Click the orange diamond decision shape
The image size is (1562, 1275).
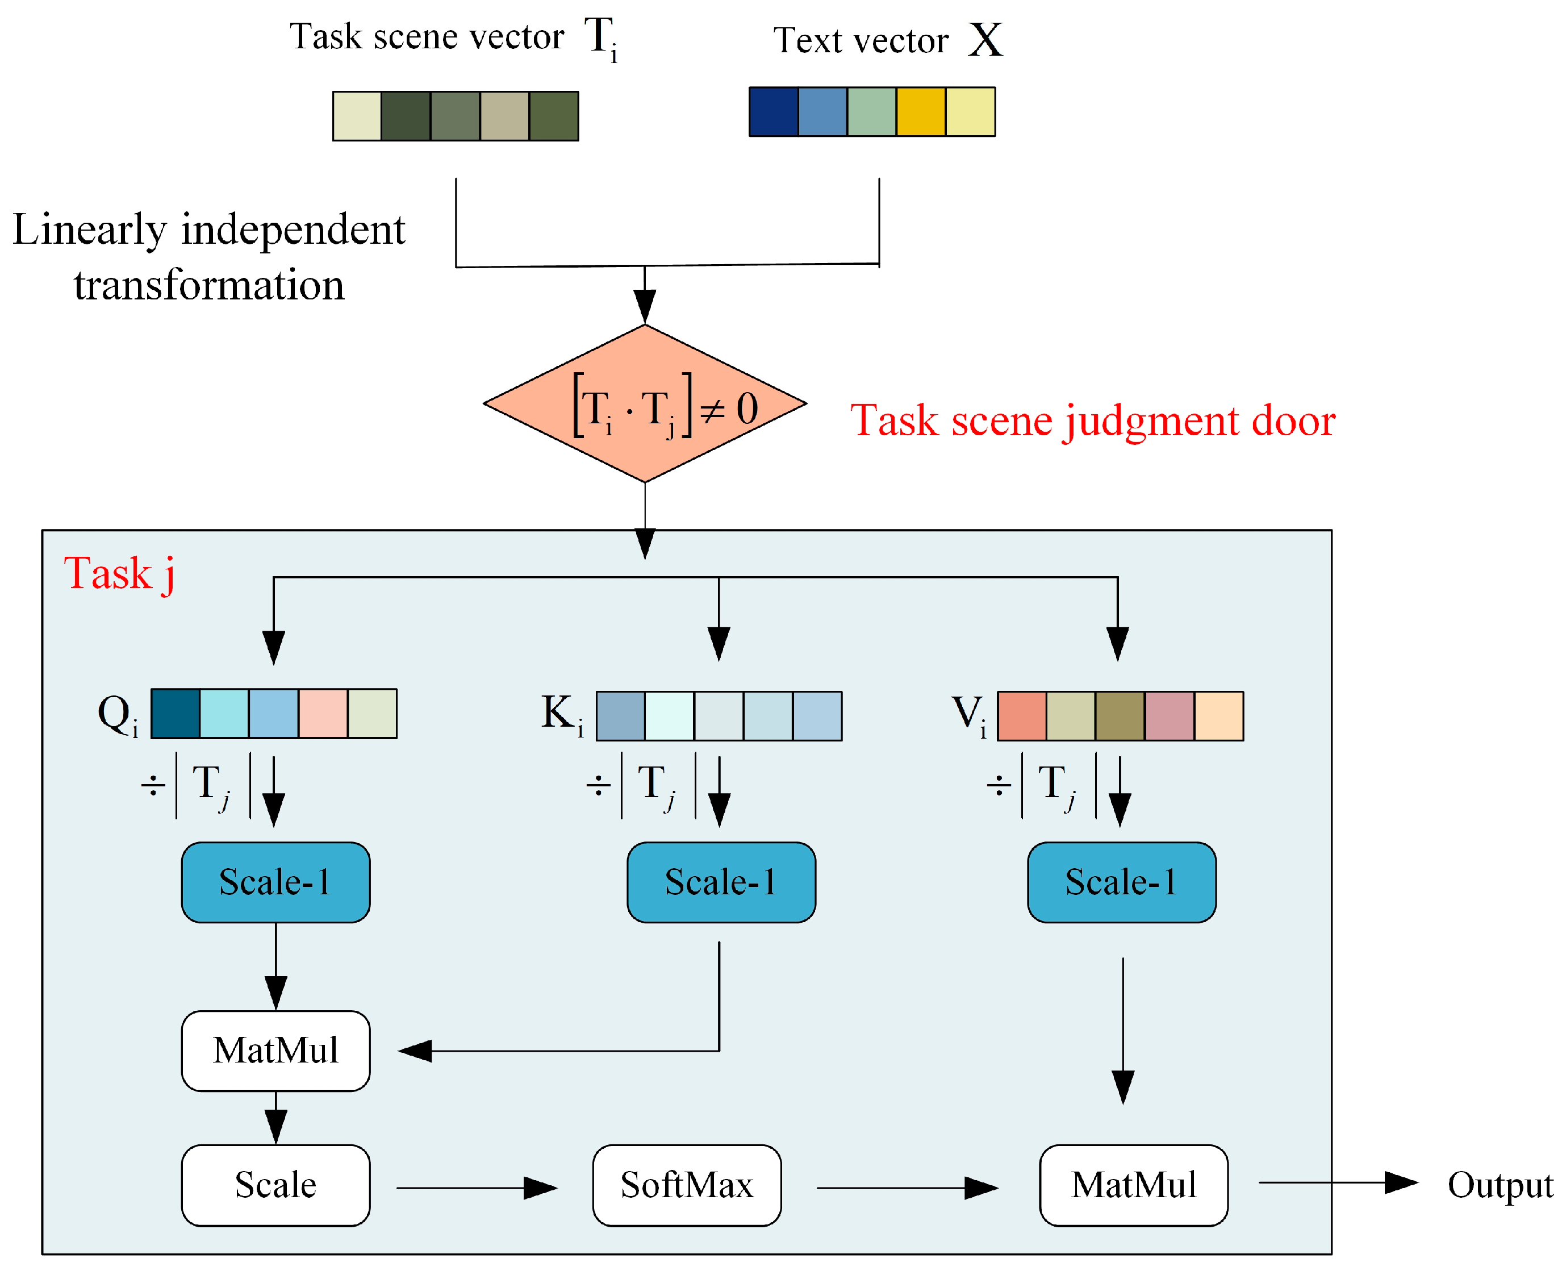pos(645,404)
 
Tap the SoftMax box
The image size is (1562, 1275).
pos(686,1185)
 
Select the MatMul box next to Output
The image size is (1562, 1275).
pos(1133,1185)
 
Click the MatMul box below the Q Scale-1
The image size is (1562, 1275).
pos(275,1050)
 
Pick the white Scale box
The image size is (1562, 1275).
pos(275,1185)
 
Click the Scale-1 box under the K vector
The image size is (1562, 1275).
pos(721,882)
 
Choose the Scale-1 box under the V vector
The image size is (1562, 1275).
pos(1121,882)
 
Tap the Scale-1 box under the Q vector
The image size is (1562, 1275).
pos(275,882)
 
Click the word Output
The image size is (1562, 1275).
pos(1499,1185)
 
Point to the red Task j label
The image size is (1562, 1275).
pos(119,574)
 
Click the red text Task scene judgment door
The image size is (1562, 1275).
pos(1092,421)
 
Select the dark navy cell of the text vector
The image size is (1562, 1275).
pos(773,111)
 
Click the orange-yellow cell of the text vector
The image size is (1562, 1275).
pos(921,111)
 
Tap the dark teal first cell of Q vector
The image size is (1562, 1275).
pos(176,713)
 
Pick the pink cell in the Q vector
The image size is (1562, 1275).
pos(323,713)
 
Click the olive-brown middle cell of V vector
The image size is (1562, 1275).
pos(1120,716)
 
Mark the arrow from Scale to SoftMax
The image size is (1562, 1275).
pos(477,1187)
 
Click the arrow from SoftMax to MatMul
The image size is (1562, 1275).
pos(907,1187)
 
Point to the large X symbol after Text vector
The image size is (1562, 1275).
pos(984,40)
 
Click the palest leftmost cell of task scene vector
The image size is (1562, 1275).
pos(357,116)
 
